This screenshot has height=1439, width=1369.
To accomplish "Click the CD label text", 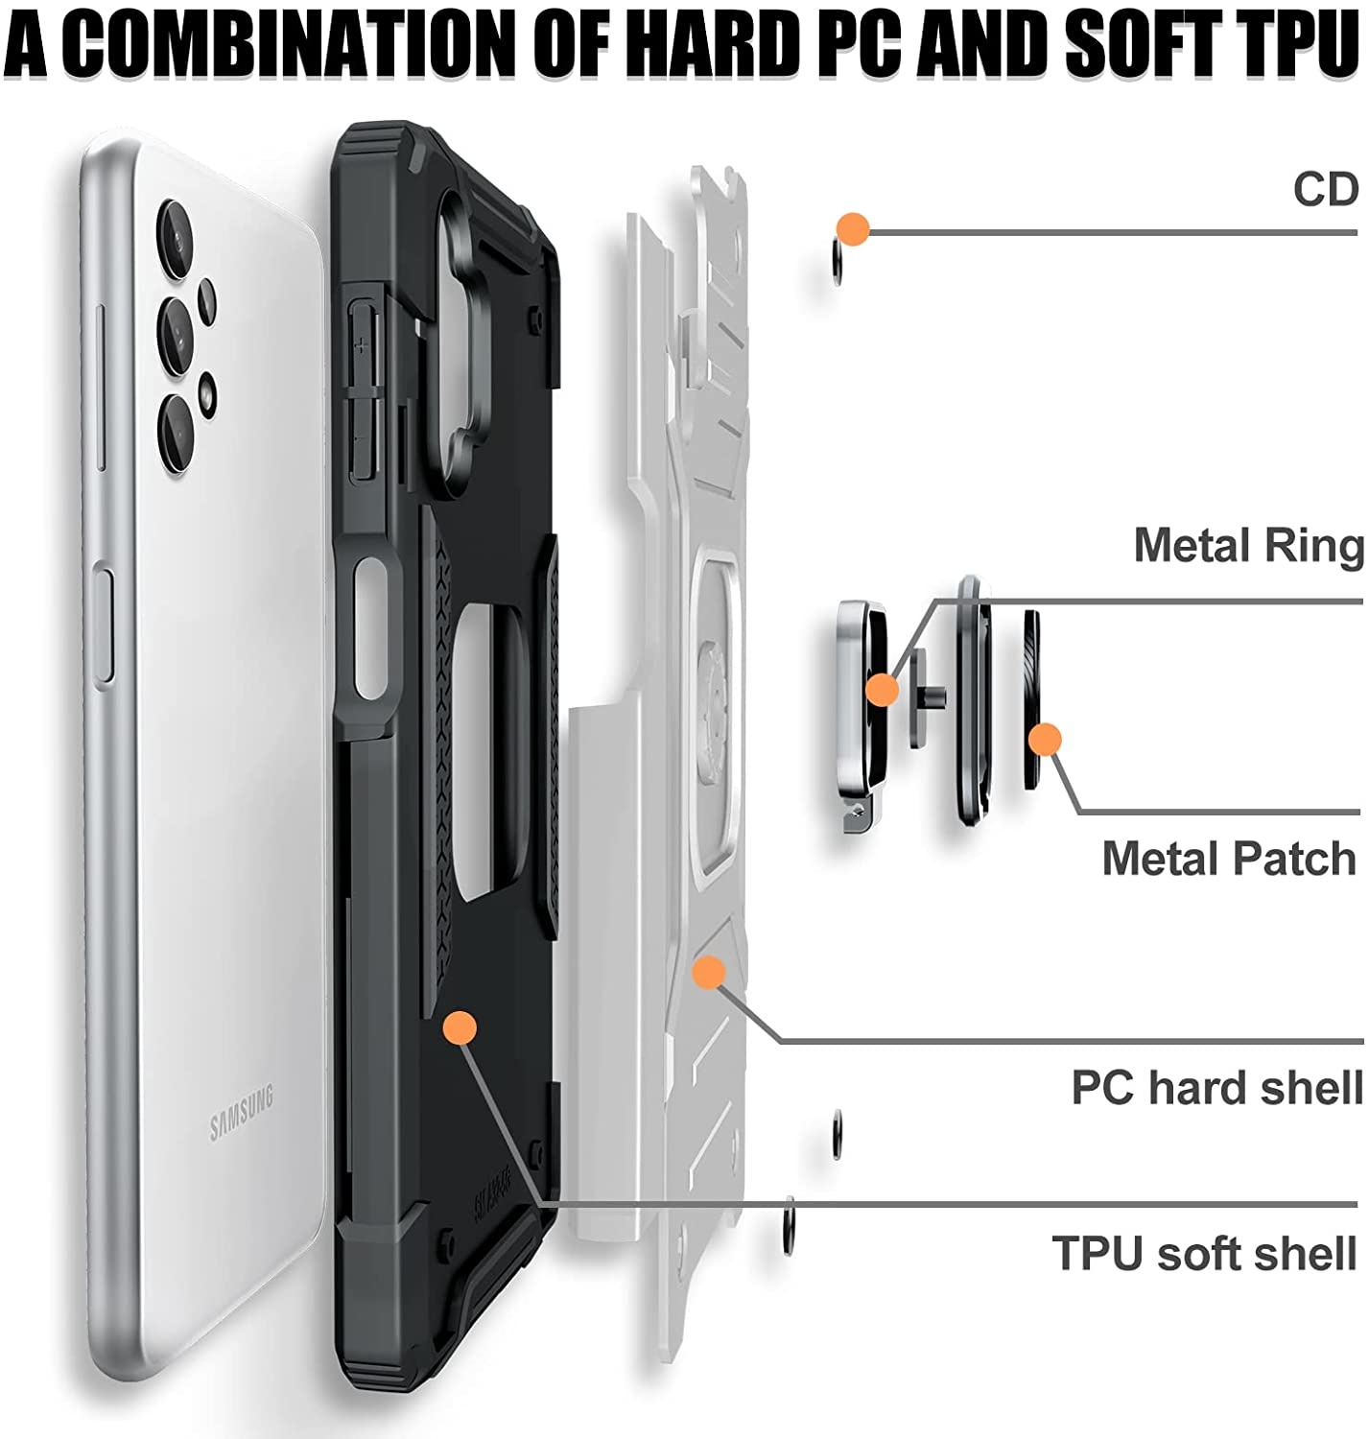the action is pos(1326,189).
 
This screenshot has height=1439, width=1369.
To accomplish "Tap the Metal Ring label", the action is pos(1248,546).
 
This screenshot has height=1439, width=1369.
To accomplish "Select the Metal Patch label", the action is pos(1229,859).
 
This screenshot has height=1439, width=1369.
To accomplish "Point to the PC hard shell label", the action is pos(1216,1088).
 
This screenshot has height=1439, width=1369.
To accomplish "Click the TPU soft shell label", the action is pos(1205,1253).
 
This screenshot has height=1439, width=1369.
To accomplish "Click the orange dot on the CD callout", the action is pos(852,229).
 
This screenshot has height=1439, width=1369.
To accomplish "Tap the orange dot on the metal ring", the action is pos(882,689).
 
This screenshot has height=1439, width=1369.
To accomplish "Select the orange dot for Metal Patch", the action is pos(1044,740).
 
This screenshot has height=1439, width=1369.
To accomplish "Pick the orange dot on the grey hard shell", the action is pos(709,972).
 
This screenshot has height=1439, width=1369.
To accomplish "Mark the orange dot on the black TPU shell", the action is pos(460,1027).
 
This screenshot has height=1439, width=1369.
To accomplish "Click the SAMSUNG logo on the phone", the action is pos(242,1112).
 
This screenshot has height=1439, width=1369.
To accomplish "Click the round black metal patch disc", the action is pos(1032,700).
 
